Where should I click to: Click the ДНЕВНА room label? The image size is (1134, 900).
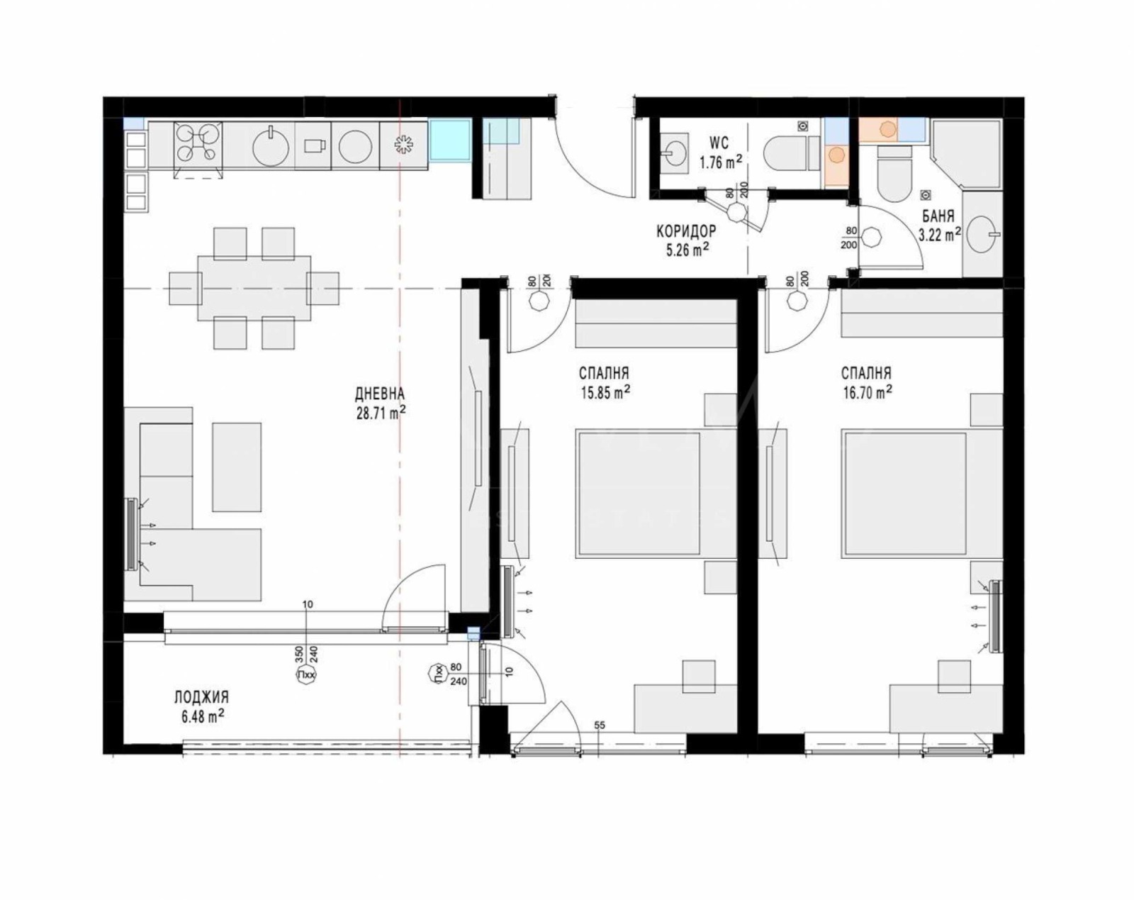pos(379,394)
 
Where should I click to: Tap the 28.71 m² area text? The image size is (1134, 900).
pos(381,413)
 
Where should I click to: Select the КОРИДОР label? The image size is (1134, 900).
pos(685,231)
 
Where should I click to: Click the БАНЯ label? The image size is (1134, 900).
pos(938,216)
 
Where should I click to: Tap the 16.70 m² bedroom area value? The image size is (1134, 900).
pos(867,392)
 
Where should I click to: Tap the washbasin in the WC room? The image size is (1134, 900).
pos(673,152)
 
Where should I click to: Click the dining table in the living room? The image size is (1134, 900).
pos(254,289)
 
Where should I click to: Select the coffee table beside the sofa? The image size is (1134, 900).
pos(237,467)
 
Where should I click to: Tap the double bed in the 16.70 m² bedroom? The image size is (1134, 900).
pos(905,493)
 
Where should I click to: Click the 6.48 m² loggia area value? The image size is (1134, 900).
pos(203,716)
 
